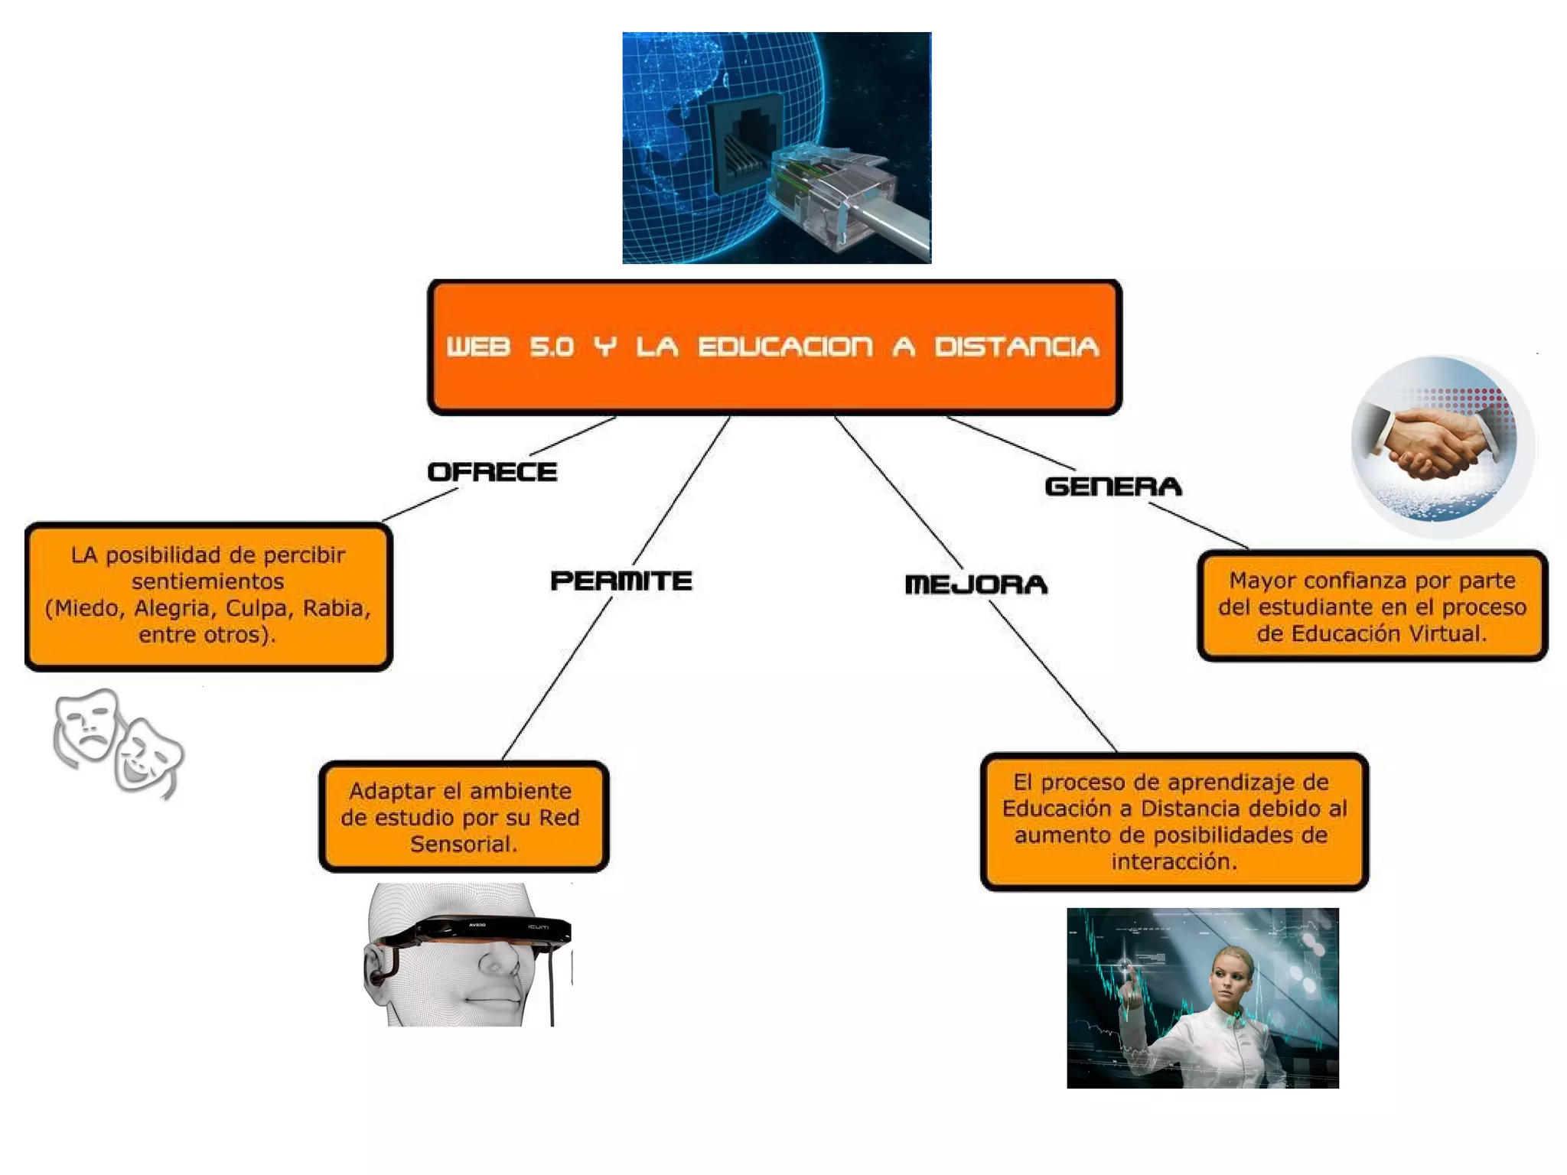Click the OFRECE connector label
pyautogui.click(x=492, y=472)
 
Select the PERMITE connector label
pyautogui.click(x=621, y=581)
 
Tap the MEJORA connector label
pyautogui.click(x=976, y=584)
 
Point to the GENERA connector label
pyautogui.click(x=1113, y=487)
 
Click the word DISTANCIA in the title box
pyautogui.click(x=1016, y=347)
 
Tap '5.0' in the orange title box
pyautogui.click(x=552, y=347)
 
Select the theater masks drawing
pyautogui.click(x=118, y=742)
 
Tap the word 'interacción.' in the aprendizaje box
pyautogui.click(x=1174, y=861)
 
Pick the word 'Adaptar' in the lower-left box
pyautogui.click(x=383, y=791)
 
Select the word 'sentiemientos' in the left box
pyautogui.click(x=207, y=581)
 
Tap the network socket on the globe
pyautogui.click(x=742, y=145)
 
